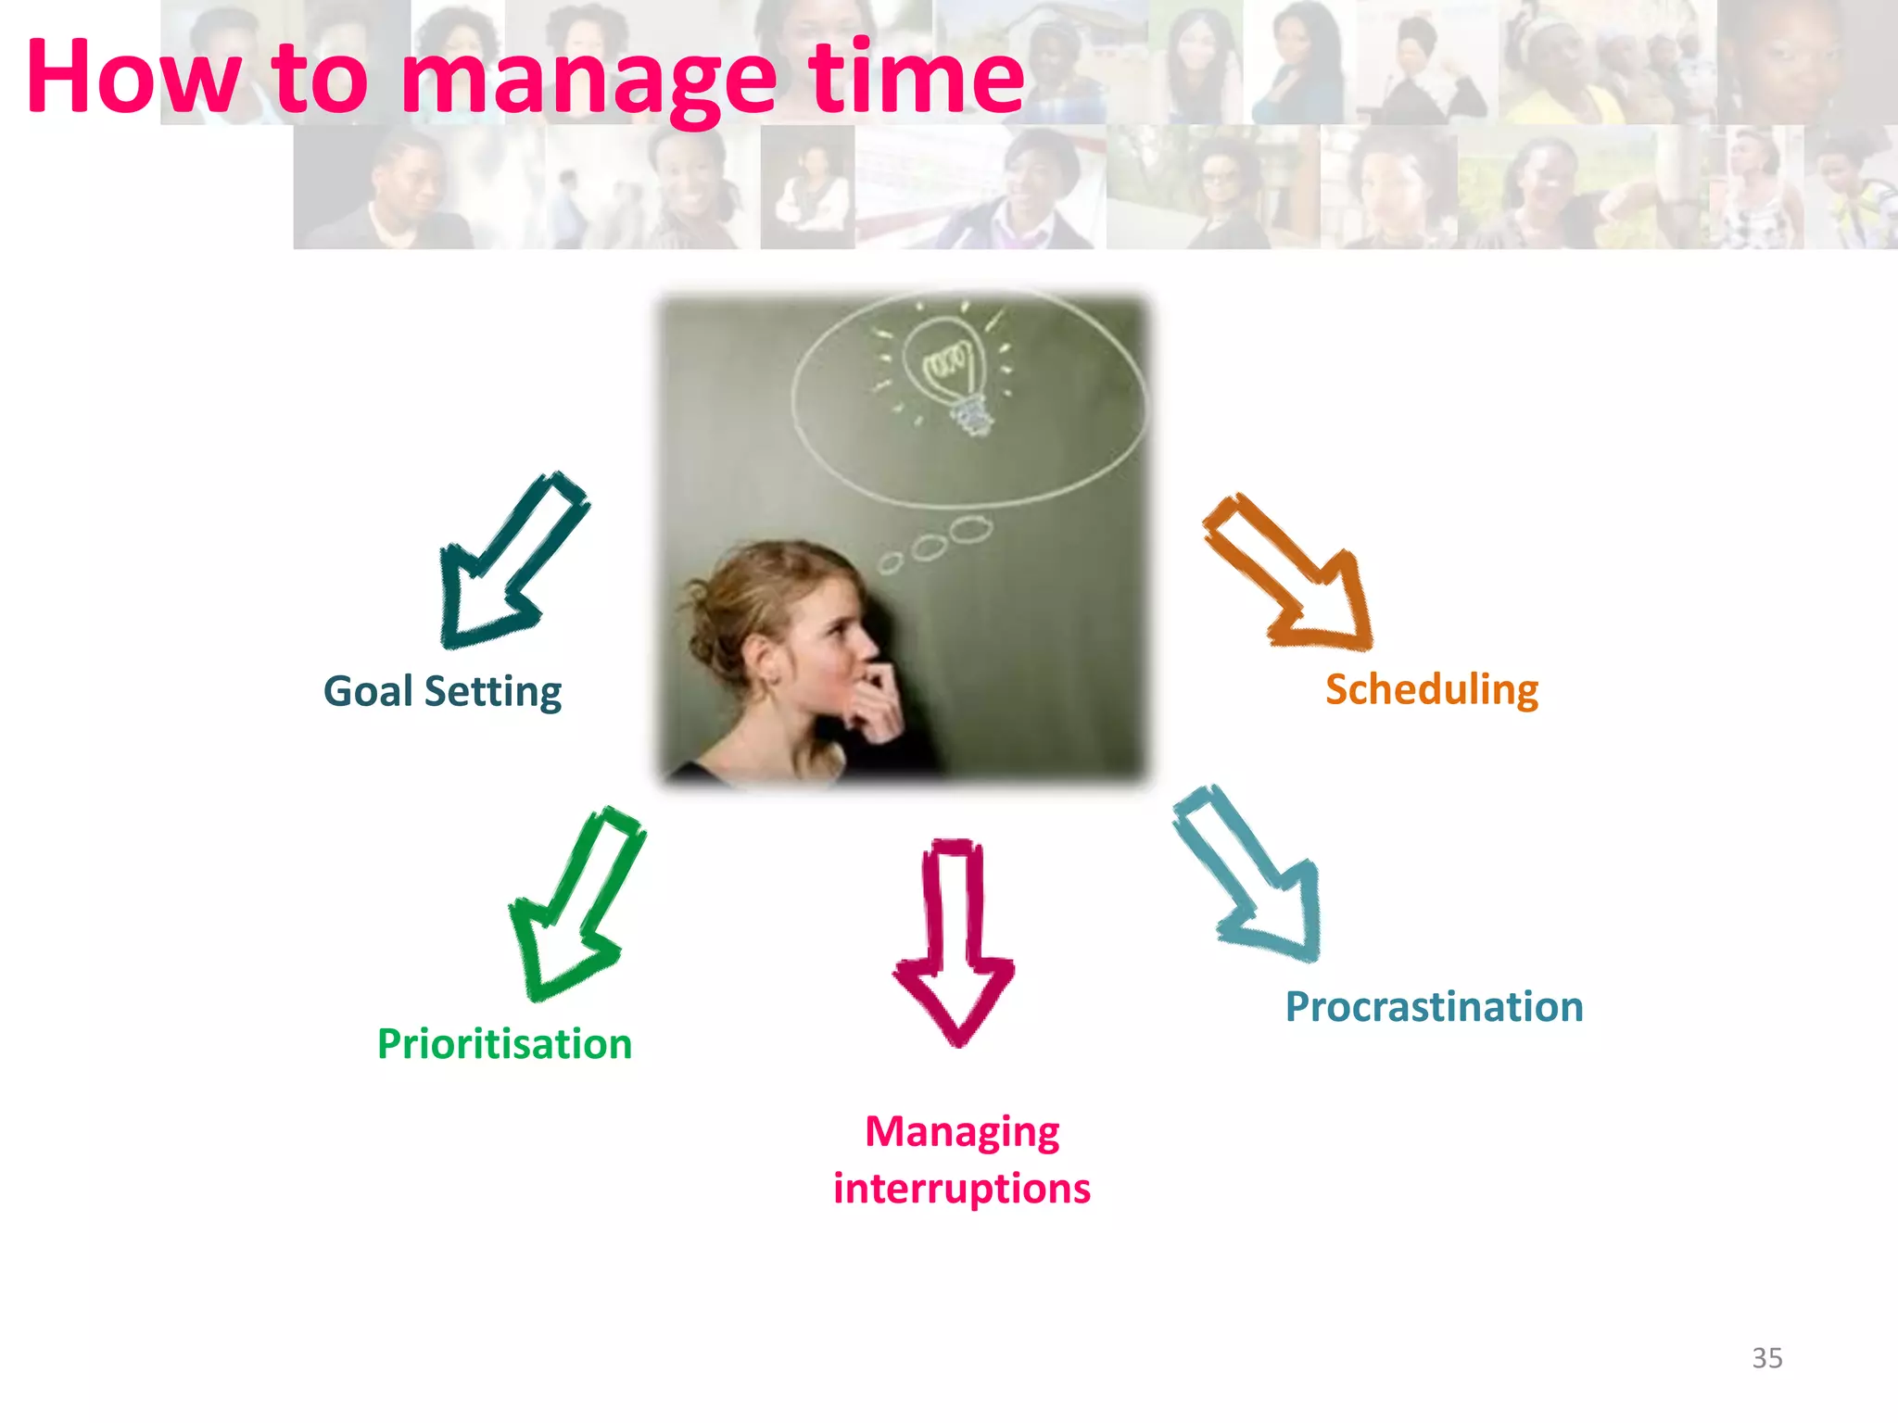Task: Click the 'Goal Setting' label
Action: [442, 692]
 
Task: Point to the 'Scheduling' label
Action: [1432, 690]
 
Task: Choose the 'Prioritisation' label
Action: [504, 1044]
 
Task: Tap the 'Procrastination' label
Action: [1434, 1007]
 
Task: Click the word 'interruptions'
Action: [961, 1189]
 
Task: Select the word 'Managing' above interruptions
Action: [962, 1132]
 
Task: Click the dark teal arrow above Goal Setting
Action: [508, 565]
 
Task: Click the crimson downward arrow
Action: [954, 945]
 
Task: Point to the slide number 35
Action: [1766, 1358]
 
